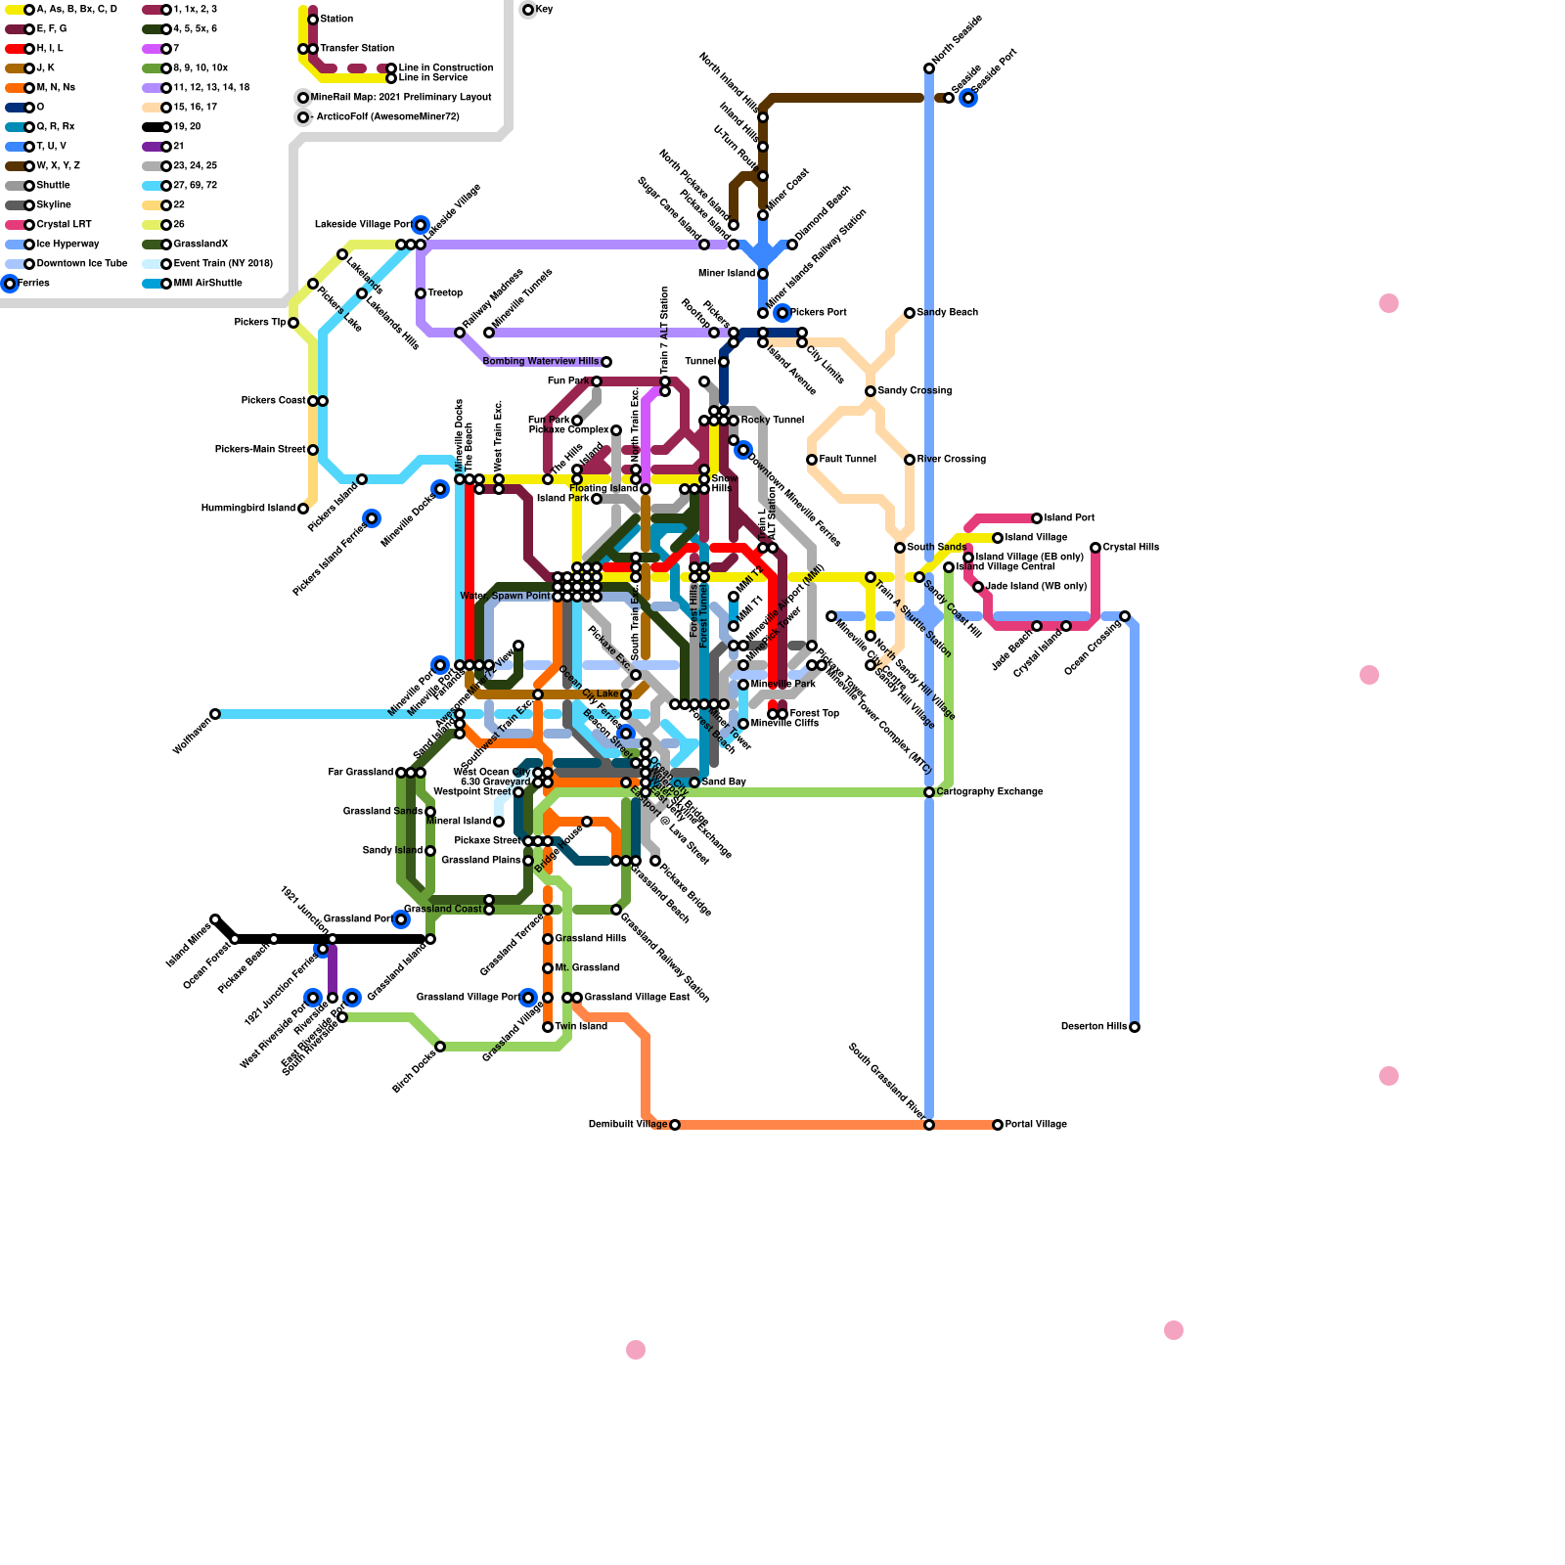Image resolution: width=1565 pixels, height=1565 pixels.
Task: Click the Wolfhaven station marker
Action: (x=215, y=714)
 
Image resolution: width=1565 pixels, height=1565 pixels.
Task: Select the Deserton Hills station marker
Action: (x=1135, y=1027)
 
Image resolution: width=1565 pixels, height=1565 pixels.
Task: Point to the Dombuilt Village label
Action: (x=627, y=1125)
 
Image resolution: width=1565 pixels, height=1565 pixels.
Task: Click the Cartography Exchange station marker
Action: (x=929, y=792)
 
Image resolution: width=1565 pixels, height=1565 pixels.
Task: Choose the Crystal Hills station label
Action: (x=1131, y=548)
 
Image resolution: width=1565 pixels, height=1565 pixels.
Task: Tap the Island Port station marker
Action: (x=1037, y=518)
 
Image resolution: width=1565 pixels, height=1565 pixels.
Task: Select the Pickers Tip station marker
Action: (x=293, y=323)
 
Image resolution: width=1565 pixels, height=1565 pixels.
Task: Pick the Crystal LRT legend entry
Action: (x=64, y=225)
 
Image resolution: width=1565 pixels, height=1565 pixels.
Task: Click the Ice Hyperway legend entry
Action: (x=67, y=245)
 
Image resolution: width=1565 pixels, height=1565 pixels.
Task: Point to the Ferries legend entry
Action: (x=33, y=284)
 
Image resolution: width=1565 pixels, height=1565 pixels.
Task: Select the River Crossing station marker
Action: (x=910, y=460)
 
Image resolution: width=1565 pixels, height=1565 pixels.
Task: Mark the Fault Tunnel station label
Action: (x=847, y=460)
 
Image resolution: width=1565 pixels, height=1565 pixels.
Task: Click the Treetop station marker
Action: (x=421, y=293)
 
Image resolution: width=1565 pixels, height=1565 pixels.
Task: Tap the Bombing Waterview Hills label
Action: (x=540, y=362)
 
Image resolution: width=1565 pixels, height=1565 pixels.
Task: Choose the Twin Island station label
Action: (x=581, y=1027)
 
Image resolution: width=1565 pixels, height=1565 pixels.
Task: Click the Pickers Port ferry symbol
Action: (x=782, y=313)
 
